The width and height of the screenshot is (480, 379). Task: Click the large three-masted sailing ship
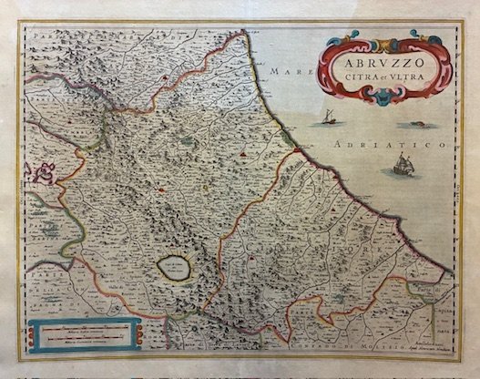pos(401,166)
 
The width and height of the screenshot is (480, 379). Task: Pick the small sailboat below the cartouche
pos(325,117)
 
